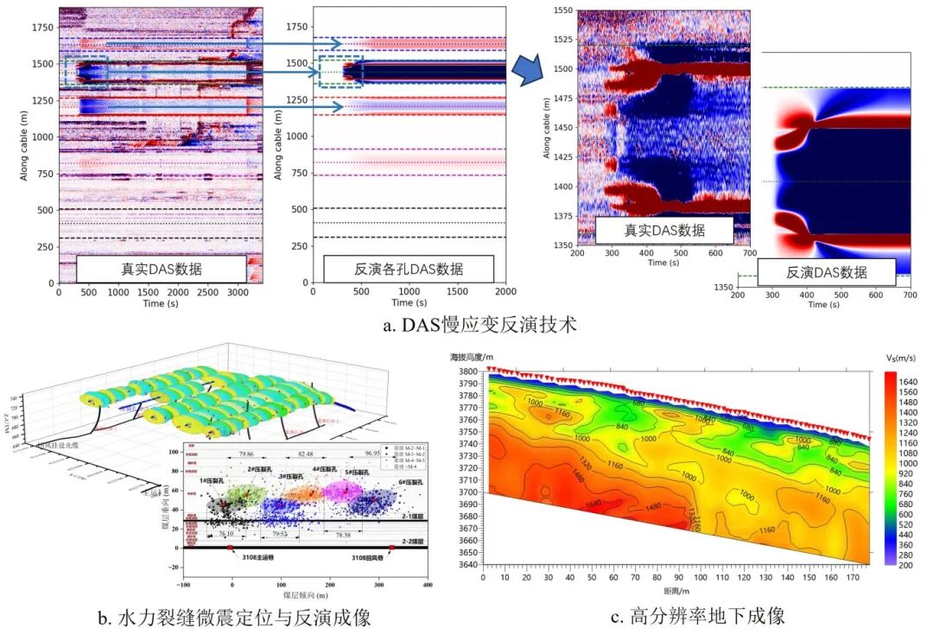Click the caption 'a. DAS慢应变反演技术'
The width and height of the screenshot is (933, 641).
pyautogui.click(x=479, y=327)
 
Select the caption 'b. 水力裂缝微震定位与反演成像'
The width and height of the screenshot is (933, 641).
pyautogui.click(x=234, y=619)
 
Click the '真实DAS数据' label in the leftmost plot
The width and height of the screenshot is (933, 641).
pyautogui.click(x=162, y=269)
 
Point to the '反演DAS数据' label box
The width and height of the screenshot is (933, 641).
pyautogui.click(x=827, y=271)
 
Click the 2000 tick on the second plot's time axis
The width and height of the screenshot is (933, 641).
pyautogui.click(x=505, y=292)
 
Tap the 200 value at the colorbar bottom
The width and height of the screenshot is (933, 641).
pyautogui.click(x=904, y=564)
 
